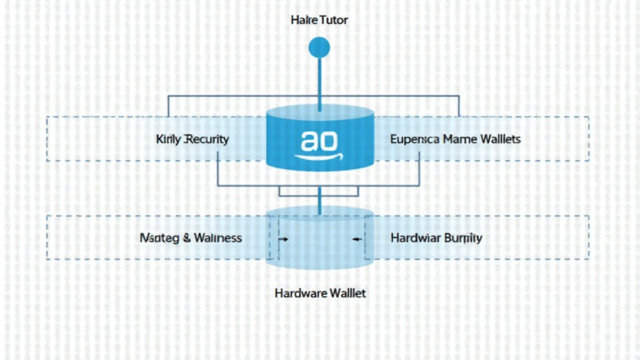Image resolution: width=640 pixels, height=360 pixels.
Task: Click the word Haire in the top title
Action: [x=304, y=21]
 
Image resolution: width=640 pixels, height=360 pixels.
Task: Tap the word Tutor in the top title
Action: [x=334, y=21]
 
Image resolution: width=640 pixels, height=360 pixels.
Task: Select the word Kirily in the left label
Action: [x=167, y=139]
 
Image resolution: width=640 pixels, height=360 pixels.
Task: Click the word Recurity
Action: [x=205, y=139]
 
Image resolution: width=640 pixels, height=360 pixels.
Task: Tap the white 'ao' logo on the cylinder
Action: [x=319, y=140]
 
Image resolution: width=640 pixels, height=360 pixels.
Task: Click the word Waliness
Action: [x=217, y=238]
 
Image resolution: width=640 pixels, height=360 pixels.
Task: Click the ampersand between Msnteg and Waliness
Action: [x=186, y=238]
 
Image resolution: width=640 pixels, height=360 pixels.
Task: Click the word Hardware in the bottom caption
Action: [x=297, y=292]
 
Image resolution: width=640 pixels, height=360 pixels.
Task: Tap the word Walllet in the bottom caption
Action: [x=344, y=292]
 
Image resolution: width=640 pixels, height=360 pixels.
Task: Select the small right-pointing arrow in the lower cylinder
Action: [x=283, y=239]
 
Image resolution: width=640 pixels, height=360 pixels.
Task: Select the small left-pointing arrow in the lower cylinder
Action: [x=357, y=239]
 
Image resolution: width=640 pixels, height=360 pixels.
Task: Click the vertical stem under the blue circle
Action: [x=319, y=81]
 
